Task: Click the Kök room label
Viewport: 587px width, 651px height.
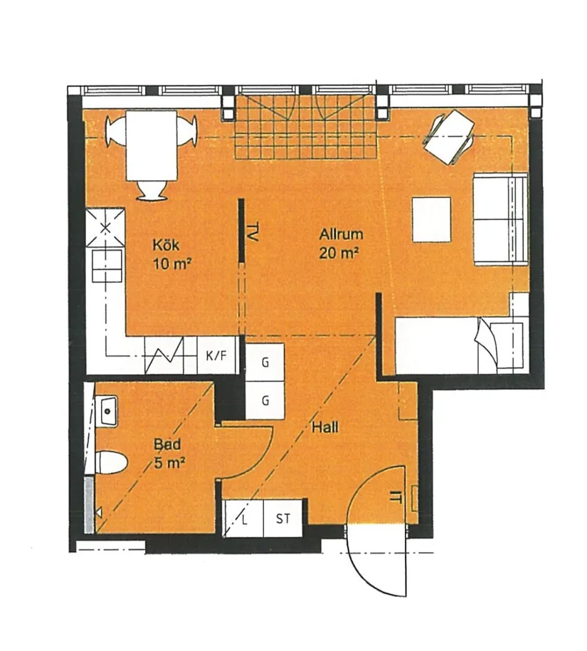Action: click(x=165, y=245)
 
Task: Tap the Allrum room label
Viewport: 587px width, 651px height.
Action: click(x=341, y=234)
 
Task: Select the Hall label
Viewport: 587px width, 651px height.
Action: click(x=324, y=427)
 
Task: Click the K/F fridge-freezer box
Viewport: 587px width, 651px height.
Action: click(x=216, y=356)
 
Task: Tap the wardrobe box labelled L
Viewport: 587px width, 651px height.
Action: click(x=243, y=518)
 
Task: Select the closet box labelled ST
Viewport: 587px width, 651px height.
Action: click(x=283, y=518)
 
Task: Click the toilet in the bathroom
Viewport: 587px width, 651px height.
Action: click(x=110, y=462)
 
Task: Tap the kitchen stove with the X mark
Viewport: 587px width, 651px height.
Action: click(x=105, y=227)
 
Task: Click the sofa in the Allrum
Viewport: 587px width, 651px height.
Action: click(x=500, y=219)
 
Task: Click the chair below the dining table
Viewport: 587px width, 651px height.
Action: click(x=152, y=190)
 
